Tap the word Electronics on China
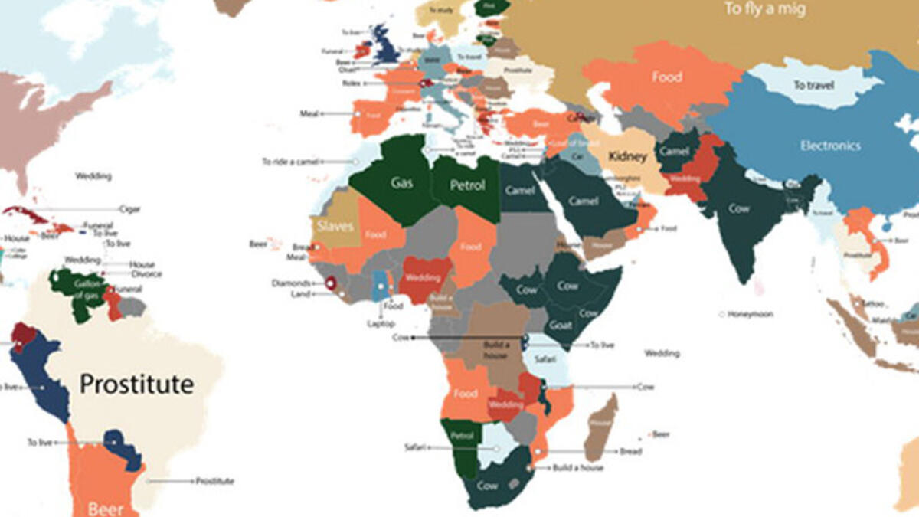tap(830, 146)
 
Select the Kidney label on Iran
tap(628, 157)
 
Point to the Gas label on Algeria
tap(402, 184)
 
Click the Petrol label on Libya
tap(467, 185)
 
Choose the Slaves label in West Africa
tap(335, 226)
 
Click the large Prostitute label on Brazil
tap(136, 384)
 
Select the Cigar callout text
tap(129, 208)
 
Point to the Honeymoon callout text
tap(751, 314)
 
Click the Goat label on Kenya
tap(561, 326)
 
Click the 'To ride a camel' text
tap(289, 162)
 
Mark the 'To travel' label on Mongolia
tap(813, 86)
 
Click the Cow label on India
tap(739, 208)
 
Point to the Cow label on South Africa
tap(487, 486)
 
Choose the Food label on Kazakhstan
tap(666, 77)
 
